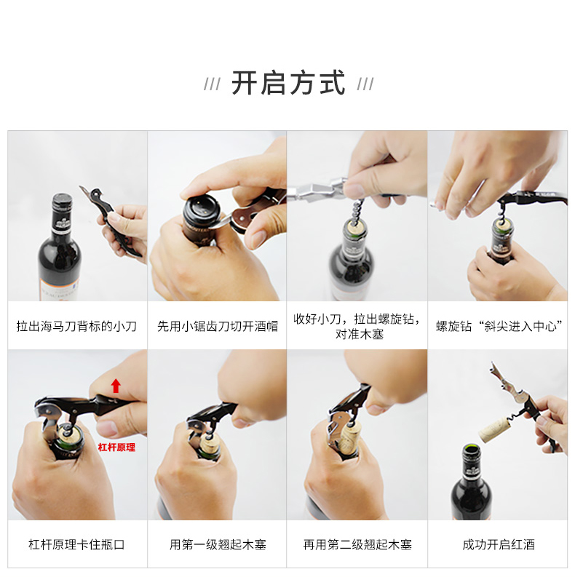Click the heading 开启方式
point(288,83)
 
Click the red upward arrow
point(116,386)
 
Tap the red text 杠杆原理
point(116,447)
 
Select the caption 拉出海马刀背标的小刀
point(76,326)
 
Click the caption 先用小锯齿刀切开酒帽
point(217,326)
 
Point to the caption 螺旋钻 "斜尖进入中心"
point(499,326)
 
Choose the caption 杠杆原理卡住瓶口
point(76,544)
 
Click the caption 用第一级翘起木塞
point(217,544)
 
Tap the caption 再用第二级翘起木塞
point(357,544)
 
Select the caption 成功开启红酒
point(499,544)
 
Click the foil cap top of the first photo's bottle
point(62,199)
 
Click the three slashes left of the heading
point(212,84)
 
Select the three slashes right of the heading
point(365,84)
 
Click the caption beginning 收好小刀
point(357,327)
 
